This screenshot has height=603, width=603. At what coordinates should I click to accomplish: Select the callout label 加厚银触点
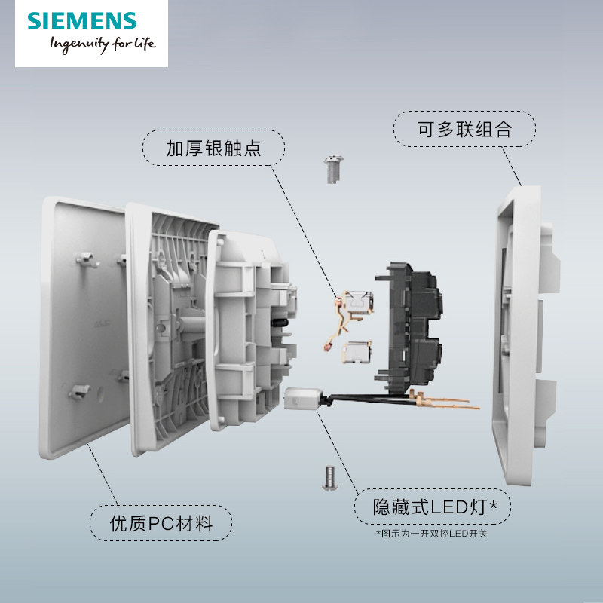click(213, 148)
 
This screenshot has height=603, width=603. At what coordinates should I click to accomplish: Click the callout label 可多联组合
click(464, 129)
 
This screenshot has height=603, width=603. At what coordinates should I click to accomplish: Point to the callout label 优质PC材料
click(161, 522)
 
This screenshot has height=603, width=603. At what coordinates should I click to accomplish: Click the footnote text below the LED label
click(431, 534)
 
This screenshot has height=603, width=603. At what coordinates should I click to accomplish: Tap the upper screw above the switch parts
click(330, 170)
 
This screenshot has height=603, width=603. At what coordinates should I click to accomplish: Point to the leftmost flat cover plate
click(75, 324)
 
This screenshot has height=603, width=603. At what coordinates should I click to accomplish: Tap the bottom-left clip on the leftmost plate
click(78, 391)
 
